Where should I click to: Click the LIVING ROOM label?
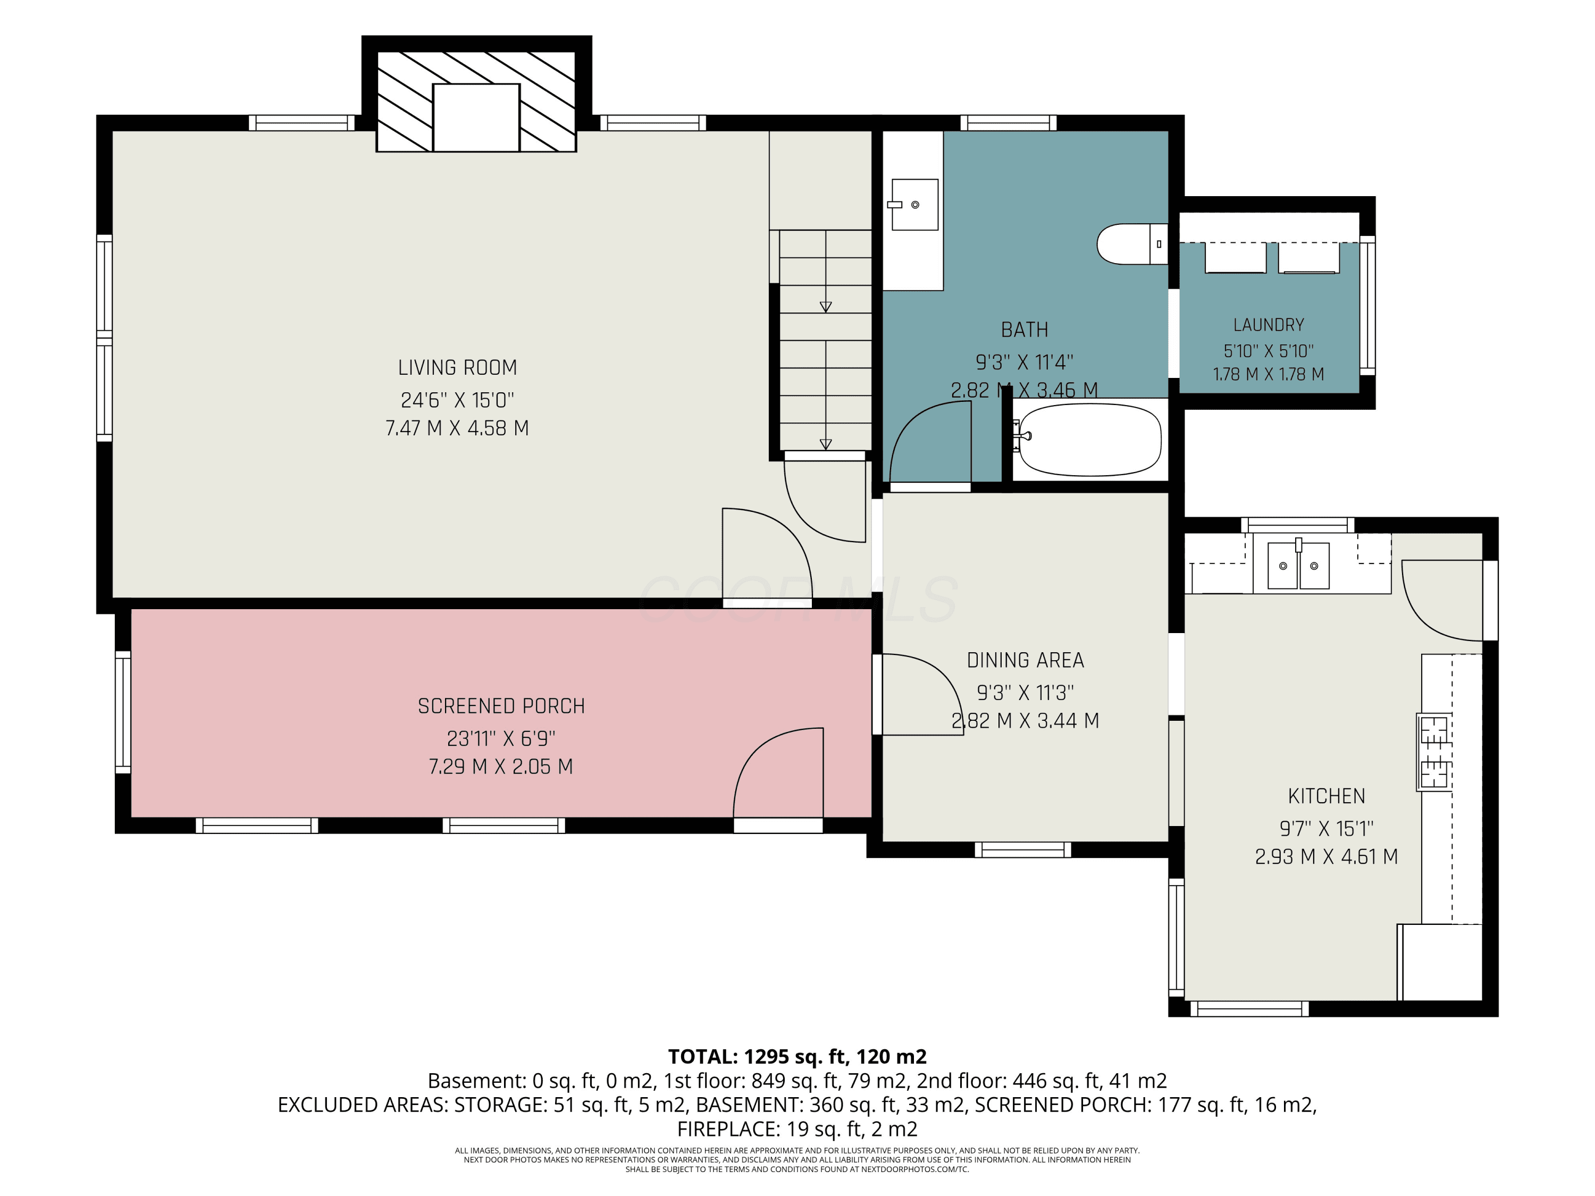pyautogui.click(x=457, y=368)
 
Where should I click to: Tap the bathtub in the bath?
pyautogui.click(x=1089, y=439)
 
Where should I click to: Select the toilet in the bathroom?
pyautogui.click(x=1131, y=243)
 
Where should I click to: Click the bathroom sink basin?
pyautogui.click(x=914, y=205)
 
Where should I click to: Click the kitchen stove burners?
pyautogui.click(x=1434, y=752)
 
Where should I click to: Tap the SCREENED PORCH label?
pyautogui.click(x=501, y=706)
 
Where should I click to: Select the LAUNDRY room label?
pyautogui.click(x=1269, y=325)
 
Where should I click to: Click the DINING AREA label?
pyautogui.click(x=1026, y=660)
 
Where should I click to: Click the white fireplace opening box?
pyautogui.click(x=476, y=117)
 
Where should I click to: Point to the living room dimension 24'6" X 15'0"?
pyautogui.click(x=457, y=400)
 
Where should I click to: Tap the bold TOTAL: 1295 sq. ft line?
pyautogui.click(x=797, y=1057)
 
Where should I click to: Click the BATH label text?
pyautogui.click(x=1025, y=330)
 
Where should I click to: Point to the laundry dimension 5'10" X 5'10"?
pyautogui.click(x=1269, y=351)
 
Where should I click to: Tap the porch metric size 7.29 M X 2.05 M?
pyautogui.click(x=501, y=767)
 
